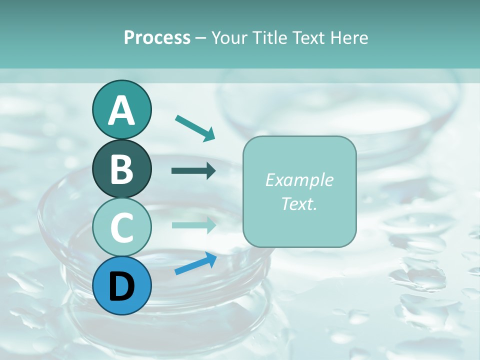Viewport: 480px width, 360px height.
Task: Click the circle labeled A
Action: coord(121,109)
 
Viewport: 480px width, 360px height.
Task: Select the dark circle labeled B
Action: coord(121,168)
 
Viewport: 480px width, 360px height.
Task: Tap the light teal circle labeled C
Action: coord(121,227)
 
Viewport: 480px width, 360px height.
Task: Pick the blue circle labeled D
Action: coord(121,285)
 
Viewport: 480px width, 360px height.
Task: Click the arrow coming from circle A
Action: coord(195,127)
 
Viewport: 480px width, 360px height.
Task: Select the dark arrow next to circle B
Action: coord(194,171)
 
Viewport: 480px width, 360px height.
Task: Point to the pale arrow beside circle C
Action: coord(194,225)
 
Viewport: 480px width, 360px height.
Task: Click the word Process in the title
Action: coord(157,38)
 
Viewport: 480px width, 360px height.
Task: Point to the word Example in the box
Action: coord(299,180)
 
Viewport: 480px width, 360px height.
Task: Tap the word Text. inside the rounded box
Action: coord(299,203)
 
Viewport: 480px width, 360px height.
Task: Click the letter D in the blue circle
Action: coord(121,286)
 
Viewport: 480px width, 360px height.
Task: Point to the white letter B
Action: coord(121,169)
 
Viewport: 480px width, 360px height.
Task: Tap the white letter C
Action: coord(121,228)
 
